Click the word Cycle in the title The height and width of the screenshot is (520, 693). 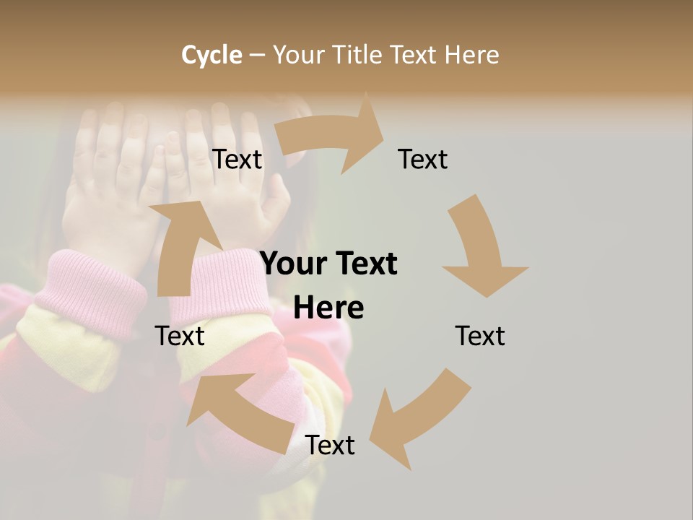click(212, 55)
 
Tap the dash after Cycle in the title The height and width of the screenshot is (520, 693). click(257, 55)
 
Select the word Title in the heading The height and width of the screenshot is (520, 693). click(357, 55)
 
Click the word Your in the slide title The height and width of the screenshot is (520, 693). click(297, 55)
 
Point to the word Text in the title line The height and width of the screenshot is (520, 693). click(414, 55)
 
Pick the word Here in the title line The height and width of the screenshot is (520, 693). click(471, 55)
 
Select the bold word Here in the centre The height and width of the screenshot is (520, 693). click(328, 308)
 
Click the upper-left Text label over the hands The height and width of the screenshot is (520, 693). click(237, 160)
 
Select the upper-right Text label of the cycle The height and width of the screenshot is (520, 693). click(422, 160)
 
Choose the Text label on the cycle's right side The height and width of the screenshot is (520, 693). click(479, 336)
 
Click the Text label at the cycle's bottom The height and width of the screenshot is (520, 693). click(330, 446)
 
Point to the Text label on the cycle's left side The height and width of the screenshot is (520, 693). click(180, 336)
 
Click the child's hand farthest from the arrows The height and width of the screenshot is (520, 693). click(108, 188)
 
